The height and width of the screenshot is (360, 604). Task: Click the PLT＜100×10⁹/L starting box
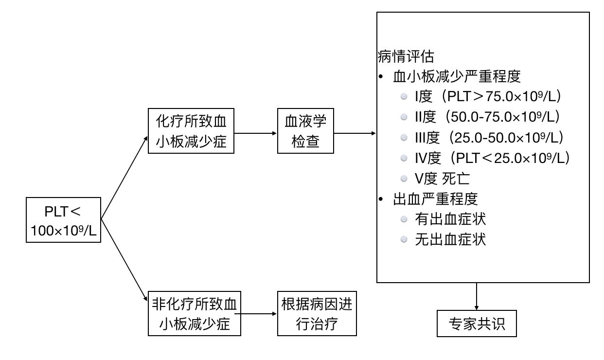coord(63,220)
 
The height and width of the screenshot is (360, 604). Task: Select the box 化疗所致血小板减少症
coord(191,131)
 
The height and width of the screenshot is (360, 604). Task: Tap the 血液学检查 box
coord(306,131)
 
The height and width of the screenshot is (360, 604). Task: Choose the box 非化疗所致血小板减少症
coord(194,313)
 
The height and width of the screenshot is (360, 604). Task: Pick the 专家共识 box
coord(476,323)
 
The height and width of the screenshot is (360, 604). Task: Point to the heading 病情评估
coord(403,55)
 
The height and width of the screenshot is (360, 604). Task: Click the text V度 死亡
coord(442,178)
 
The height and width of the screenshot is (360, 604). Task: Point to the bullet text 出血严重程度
coord(435,198)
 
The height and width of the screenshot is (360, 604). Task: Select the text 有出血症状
coord(450,219)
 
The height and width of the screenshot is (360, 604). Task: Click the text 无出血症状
coord(450,239)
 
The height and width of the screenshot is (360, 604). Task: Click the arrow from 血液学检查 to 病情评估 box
coord(355,133)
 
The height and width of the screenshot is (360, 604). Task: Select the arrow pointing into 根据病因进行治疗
coord(259,314)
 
